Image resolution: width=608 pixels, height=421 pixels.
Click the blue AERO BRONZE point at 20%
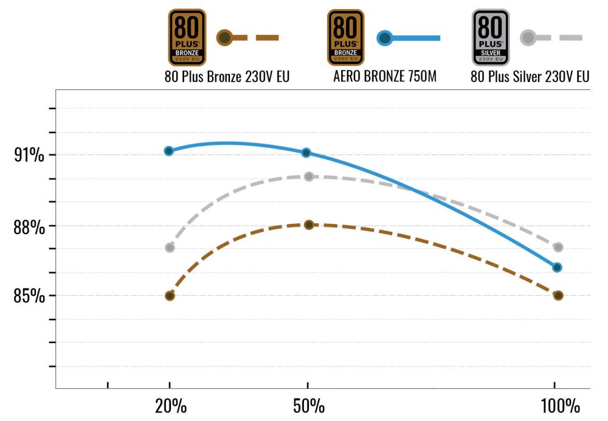tap(169, 151)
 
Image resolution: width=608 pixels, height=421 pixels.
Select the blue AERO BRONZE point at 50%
tap(306, 153)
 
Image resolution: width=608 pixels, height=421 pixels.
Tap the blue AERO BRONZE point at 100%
tap(557, 267)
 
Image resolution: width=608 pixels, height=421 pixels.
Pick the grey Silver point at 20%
tap(170, 248)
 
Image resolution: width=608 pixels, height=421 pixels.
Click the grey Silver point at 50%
tap(308, 176)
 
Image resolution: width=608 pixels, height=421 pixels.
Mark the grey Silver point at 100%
tap(558, 247)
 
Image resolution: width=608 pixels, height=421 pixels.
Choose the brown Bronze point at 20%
tap(170, 296)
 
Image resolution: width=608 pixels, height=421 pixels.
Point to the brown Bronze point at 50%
tap(308, 224)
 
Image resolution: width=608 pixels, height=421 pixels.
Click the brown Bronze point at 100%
tap(558, 296)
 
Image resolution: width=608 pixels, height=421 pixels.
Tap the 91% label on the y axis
tap(29, 155)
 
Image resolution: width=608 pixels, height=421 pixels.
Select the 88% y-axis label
tap(29, 227)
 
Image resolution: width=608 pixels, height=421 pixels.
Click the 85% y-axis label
tap(29, 296)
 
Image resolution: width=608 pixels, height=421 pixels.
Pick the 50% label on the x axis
tap(308, 406)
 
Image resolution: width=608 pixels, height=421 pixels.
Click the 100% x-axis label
tap(559, 406)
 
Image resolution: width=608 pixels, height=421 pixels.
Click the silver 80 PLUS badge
tap(491, 37)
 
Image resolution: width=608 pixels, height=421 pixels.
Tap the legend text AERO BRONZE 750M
tap(385, 77)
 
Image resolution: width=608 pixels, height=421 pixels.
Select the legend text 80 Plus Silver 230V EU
tap(530, 77)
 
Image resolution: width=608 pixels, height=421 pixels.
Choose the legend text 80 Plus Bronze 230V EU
tap(227, 77)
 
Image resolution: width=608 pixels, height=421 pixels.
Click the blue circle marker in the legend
tap(384, 38)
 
